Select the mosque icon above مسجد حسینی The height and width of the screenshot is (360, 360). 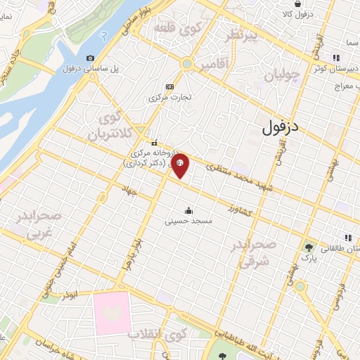tap(188, 210)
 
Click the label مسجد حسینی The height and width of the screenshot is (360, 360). tap(188, 221)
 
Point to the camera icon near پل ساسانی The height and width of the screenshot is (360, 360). tap(90, 58)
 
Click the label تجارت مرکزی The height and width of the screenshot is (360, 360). tap(169, 97)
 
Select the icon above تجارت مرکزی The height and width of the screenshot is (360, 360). tap(169, 86)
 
